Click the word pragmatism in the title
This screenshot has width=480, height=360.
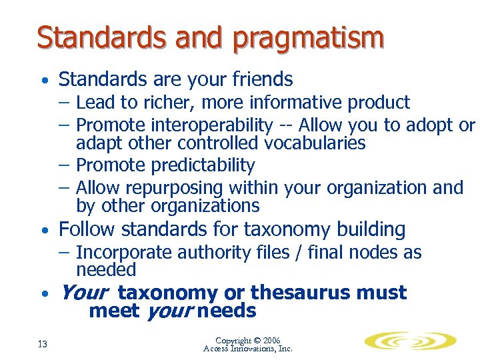pyautogui.click(x=308, y=37)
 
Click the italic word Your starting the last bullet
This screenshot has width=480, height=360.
pyautogui.click(x=84, y=293)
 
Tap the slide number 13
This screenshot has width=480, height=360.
pyautogui.click(x=42, y=344)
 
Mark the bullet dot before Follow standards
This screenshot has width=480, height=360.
pyautogui.click(x=43, y=231)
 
